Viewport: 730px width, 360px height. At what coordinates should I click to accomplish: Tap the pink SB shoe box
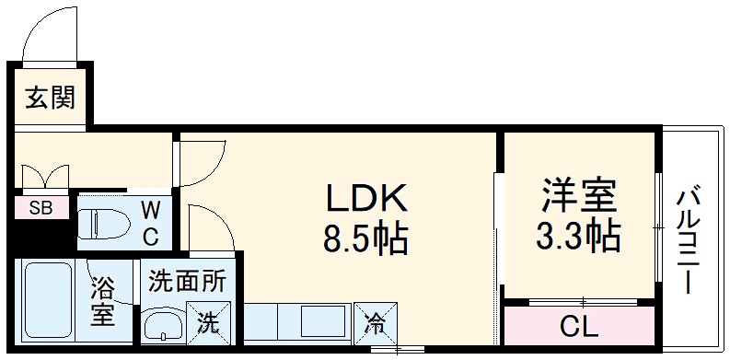[x=41, y=208]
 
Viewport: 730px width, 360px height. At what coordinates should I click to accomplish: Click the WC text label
[x=149, y=222]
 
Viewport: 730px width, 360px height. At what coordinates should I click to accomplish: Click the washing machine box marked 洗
[x=208, y=322]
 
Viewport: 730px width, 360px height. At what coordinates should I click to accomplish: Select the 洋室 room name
[x=577, y=195]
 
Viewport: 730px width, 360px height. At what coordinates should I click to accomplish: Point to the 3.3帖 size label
[x=577, y=237]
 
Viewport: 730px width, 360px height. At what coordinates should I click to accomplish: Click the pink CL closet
[x=578, y=326]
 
